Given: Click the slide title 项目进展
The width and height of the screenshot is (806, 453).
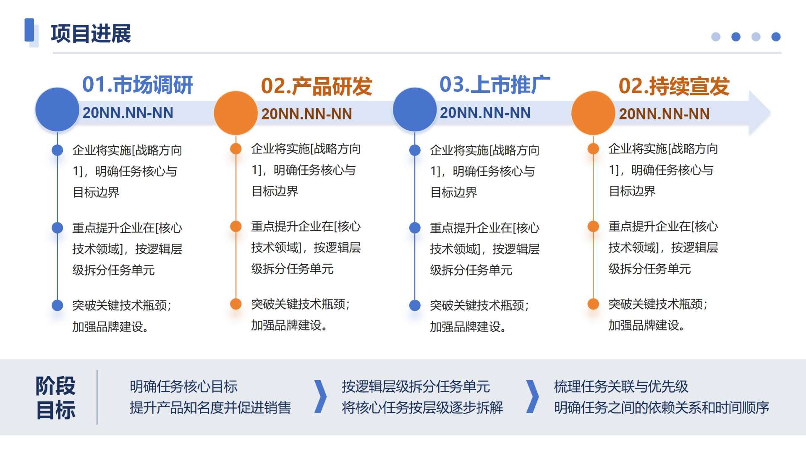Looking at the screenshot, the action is click(91, 34).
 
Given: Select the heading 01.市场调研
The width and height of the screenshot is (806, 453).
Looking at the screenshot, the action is click(138, 85).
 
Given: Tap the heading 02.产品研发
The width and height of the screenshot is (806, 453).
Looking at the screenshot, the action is click(317, 86).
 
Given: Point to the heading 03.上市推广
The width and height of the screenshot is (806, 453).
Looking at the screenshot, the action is click(495, 85).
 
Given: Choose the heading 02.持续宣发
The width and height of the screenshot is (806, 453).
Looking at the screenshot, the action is click(674, 86).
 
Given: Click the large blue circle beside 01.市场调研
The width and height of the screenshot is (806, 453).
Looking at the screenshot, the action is click(57, 109).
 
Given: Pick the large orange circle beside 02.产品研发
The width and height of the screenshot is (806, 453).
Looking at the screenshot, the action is click(236, 113).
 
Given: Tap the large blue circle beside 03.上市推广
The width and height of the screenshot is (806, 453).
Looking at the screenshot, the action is click(415, 109).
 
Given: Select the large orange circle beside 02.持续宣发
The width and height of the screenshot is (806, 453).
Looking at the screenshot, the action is click(593, 113).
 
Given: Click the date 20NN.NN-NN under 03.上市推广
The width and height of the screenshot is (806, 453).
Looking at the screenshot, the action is click(485, 113).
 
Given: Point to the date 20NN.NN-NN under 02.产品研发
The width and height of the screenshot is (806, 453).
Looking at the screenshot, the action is click(307, 114).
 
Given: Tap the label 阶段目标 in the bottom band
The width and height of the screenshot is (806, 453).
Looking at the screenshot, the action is click(56, 398).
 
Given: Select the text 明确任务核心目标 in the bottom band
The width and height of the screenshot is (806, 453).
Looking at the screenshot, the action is click(183, 386).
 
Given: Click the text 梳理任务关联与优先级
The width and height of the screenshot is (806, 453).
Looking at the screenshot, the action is click(621, 386).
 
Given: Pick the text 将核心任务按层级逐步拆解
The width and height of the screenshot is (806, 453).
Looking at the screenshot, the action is click(422, 407).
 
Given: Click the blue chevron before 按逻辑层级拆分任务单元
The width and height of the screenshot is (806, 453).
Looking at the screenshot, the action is click(321, 397).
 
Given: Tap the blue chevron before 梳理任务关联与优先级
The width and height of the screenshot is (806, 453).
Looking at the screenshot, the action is click(533, 397).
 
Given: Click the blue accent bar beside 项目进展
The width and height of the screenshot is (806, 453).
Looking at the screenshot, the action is click(29, 30).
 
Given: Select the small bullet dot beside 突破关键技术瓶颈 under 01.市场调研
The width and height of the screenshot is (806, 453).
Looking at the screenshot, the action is click(57, 305).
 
